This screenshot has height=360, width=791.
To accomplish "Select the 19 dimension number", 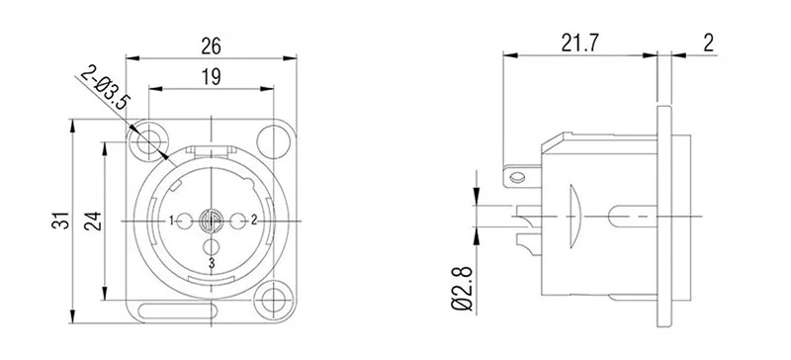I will click(x=211, y=75).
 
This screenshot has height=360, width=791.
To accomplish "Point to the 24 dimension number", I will click(x=92, y=220).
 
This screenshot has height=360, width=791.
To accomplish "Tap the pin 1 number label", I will click(x=172, y=220).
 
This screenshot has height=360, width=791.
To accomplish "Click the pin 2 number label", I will click(x=254, y=220).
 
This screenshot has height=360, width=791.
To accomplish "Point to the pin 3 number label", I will click(x=212, y=263).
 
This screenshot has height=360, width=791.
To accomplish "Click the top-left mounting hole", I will click(x=149, y=139).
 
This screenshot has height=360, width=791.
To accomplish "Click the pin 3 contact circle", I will click(x=212, y=246).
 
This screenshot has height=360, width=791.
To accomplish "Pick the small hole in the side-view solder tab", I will click(x=514, y=178).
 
